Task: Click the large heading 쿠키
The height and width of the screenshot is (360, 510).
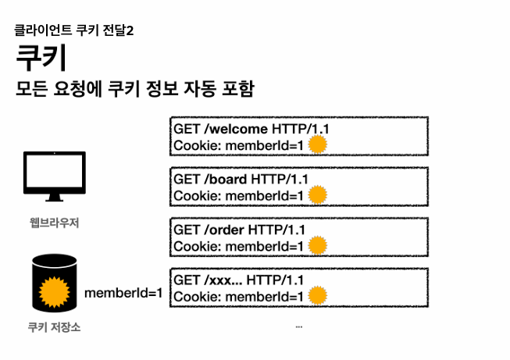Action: (x=41, y=59)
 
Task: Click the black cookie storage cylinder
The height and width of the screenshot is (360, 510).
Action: (x=53, y=283)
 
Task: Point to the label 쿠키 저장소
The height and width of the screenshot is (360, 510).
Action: (x=53, y=327)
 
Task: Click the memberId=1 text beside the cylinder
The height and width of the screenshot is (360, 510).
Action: (x=123, y=294)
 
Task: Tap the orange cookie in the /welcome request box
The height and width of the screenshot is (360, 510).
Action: (x=316, y=144)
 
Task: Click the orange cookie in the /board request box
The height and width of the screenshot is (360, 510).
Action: (x=316, y=195)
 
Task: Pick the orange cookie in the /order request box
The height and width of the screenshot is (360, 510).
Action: (x=316, y=246)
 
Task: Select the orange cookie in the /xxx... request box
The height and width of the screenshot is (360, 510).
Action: (x=316, y=296)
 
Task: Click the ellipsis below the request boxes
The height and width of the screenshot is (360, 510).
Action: (x=299, y=326)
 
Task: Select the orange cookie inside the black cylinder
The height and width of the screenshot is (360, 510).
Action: (x=53, y=291)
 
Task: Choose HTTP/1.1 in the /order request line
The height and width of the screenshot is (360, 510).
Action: (x=276, y=230)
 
